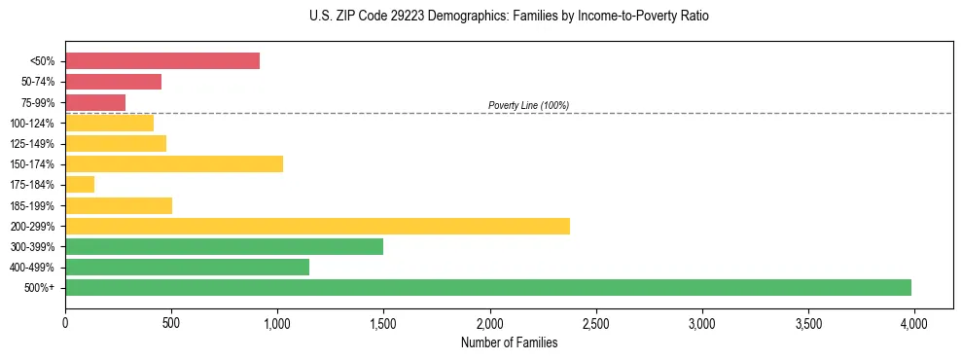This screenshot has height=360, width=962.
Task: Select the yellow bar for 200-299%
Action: tap(317, 226)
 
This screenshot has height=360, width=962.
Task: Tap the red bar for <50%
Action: tap(162, 60)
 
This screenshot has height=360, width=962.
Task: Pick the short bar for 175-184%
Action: tap(80, 184)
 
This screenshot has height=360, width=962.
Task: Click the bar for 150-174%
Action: tap(174, 163)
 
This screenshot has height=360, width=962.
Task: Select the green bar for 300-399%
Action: tap(224, 246)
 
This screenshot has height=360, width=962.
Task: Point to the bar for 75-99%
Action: tap(95, 102)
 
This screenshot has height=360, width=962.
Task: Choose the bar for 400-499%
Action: tap(187, 267)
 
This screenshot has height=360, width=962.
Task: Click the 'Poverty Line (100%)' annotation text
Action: tap(528, 105)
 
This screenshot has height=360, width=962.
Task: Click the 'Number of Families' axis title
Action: tap(509, 342)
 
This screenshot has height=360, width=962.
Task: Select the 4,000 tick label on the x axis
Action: tap(913, 322)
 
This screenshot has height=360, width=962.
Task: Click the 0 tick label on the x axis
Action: tap(65, 322)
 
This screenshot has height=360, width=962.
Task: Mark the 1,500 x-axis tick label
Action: tap(383, 322)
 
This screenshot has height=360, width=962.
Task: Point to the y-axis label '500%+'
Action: tap(40, 288)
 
